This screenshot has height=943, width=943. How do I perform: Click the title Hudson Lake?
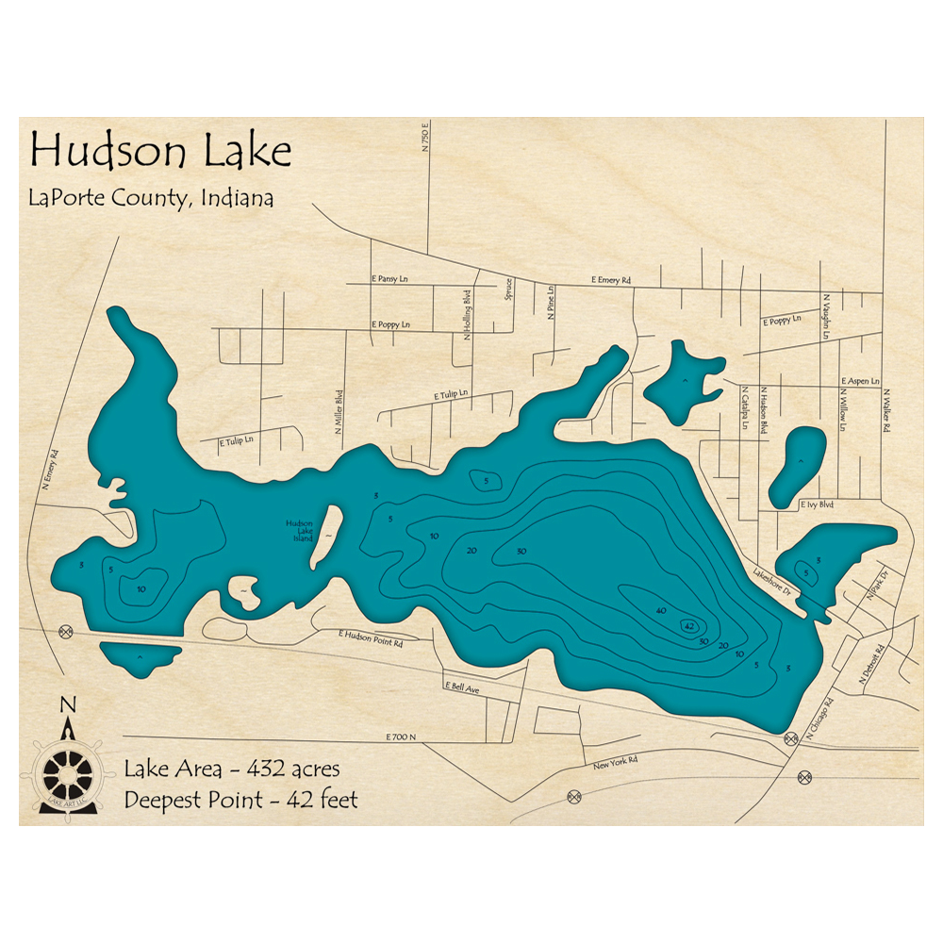tap(160, 151)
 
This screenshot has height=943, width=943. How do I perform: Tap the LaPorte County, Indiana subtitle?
tap(152, 199)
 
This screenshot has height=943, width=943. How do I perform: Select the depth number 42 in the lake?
tap(689, 626)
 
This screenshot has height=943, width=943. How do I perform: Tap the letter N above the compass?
tap(67, 704)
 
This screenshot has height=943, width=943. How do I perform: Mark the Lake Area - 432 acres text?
tap(231, 769)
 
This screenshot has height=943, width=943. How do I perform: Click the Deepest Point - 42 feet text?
tap(240, 801)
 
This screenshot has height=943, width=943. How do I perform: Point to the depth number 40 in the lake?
tap(660, 611)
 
